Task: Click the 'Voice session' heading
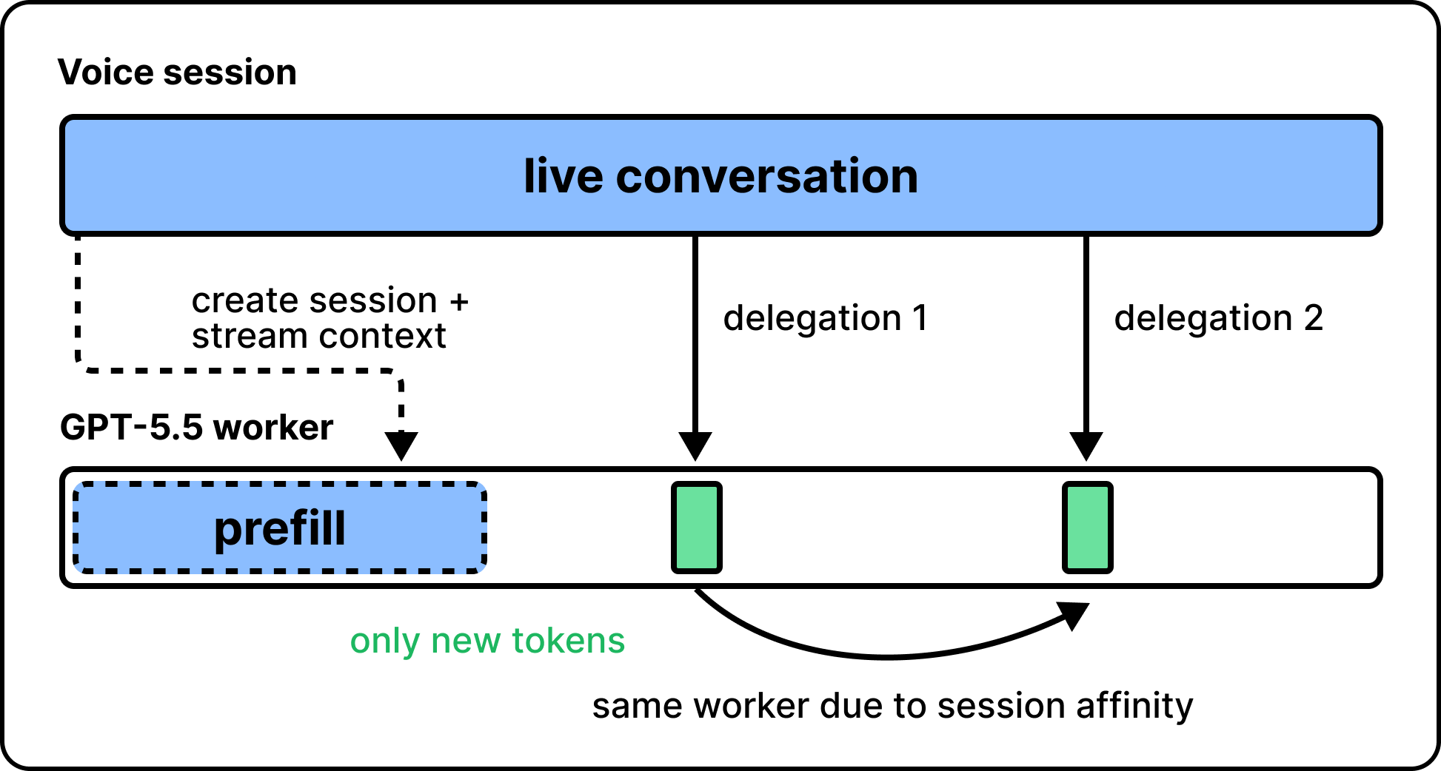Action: [177, 73]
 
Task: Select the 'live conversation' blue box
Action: [721, 175]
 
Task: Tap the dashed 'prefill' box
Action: [280, 528]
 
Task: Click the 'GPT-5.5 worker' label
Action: [196, 427]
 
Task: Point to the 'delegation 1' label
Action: [825, 318]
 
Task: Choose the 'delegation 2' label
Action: [1218, 318]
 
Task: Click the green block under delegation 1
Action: [696, 528]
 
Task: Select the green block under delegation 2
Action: [1087, 528]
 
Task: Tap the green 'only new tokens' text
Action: [487, 641]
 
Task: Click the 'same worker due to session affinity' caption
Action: [892, 706]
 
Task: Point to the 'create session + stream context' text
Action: [330, 318]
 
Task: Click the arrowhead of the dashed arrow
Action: [401, 446]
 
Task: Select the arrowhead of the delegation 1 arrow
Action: [695, 446]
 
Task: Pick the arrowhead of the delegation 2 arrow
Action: [1086, 446]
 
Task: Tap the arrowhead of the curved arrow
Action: [1075, 615]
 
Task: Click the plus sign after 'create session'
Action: [459, 302]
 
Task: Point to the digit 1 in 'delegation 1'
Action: [920, 317]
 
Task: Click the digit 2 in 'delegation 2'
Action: [1313, 317]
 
